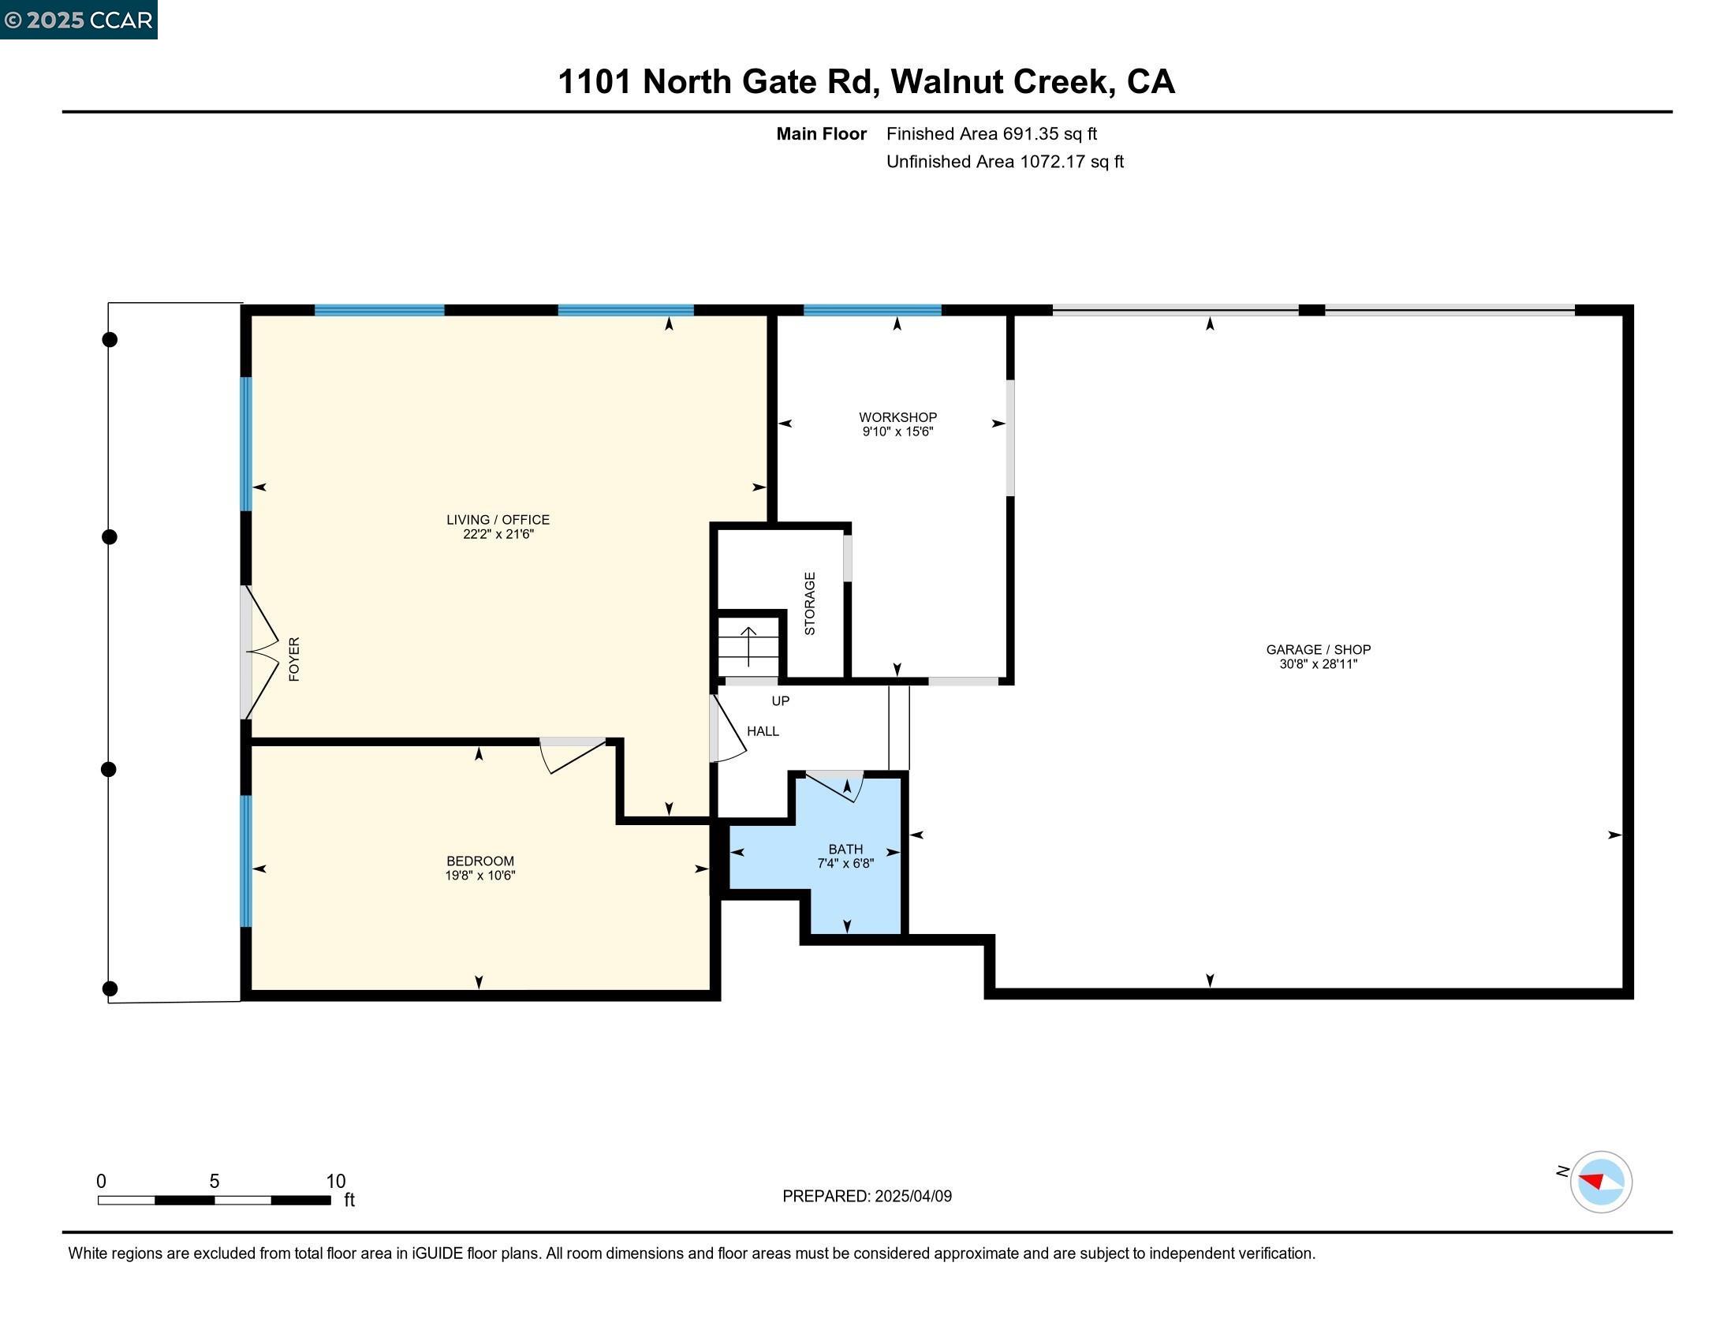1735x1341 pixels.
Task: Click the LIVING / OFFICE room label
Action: pyautogui.click(x=498, y=520)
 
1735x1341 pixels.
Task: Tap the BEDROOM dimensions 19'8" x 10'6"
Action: pyautogui.click(x=479, y=876)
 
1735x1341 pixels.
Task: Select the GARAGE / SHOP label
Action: pyautogui.click(x=1318, y=649)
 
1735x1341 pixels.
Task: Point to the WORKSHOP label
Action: pyautogui.click(x=897, y=417)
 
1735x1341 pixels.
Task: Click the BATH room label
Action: pyautogui.click(x=845, y=850)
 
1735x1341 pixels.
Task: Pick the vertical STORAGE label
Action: pyautogui.click(x=809, y=603)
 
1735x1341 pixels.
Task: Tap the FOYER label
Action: pyautogui.click(x=294, y=659)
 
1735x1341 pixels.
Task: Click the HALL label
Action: pyautogui.click(x=763, y=731)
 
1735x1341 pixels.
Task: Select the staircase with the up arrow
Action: pyautogui.click(x=748, y=646)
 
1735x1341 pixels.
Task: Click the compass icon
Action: pyautogui.click(x=1600, y=1182)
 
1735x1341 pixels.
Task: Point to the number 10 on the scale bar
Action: pyautogui.click(x=335, y=1181)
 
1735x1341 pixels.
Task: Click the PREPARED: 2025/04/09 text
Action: pyautogui.click(x=867, y=1196)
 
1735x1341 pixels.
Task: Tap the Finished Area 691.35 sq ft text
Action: pyautogui.click(x=991, y=133)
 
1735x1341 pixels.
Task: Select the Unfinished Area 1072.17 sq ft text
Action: pyautogui.click(x=1004, y=161)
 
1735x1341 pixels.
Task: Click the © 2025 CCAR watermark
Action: pyautogui.click(x=79, y=19)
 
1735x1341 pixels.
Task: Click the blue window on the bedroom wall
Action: pyautogui.click(x=246, y=861)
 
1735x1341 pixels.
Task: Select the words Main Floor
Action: pyautogui.click(x=821, y=133)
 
